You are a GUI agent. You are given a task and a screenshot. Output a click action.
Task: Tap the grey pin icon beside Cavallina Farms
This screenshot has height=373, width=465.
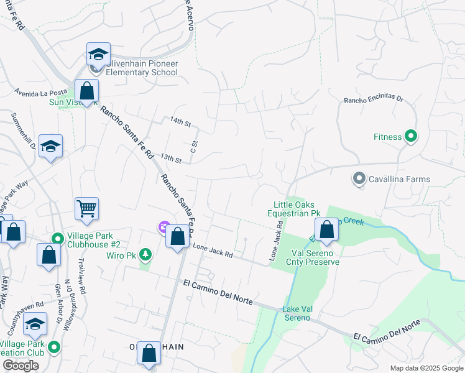[x=359, y=179]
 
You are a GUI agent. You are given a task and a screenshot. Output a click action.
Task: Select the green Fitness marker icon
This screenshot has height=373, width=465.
[x=411, y=136]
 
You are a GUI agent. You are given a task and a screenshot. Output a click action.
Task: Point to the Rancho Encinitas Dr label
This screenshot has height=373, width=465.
[x=374, y=99]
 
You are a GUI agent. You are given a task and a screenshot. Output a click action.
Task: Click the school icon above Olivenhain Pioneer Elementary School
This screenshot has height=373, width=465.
[x=98, y=55]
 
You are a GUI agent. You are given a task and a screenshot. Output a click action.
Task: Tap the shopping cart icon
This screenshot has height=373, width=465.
[x=86, y=210]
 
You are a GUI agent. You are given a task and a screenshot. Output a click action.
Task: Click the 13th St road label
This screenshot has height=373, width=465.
[x=170, y=159]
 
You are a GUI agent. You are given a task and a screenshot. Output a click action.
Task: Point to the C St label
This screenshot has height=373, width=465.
[x=193, y=147]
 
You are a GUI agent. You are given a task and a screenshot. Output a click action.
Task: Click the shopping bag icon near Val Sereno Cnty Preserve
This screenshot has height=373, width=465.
[x=326, y=230]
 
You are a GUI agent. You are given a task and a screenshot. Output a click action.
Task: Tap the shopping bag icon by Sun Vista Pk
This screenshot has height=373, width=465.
[x=86, y=91]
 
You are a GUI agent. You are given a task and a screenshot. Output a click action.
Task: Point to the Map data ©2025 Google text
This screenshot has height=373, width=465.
[x=426, y=368]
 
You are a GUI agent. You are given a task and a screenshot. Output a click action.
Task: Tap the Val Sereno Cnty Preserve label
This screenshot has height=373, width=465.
[x=315, y=257]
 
